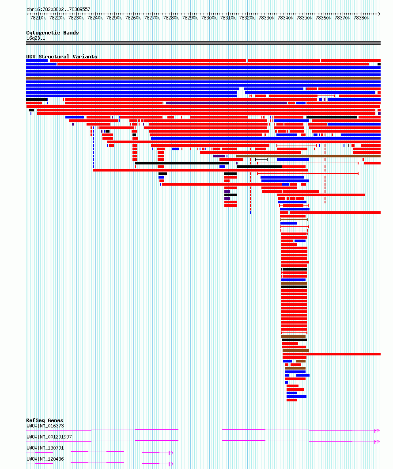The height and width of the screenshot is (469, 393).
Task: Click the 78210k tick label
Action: click(x=38, y=18)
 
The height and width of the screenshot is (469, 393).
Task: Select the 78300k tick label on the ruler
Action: click(x=209, y=18)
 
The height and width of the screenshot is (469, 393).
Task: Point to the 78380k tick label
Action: click(x=361, y=18)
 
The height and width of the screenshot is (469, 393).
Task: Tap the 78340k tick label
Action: click(x=285, y=18)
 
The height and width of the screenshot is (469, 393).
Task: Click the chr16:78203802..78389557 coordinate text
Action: click(x=58, y=9)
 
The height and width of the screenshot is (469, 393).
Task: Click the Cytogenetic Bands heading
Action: click(x=52, y=33)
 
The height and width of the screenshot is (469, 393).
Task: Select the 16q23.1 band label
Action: click(x=36, y=38)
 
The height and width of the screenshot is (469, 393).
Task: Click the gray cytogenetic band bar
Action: click(x=203, y=43)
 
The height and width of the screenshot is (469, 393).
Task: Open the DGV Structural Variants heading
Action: click(x=61, y=57)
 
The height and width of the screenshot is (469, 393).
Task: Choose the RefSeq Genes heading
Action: click(x=45, y=420)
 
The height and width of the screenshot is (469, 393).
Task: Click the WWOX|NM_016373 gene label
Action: click(x=45, y=426)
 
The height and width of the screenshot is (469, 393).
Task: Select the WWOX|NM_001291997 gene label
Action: click(x=49, y=437)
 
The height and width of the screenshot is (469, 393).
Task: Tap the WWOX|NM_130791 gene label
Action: click(x=45, y=448)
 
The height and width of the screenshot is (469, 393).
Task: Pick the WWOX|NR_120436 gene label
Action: click(x=45, y=459)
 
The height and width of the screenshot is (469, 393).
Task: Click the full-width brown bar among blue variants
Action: click(x=203, y=78)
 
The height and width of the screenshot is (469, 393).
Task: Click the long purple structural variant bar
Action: click(x=226, y=103)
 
